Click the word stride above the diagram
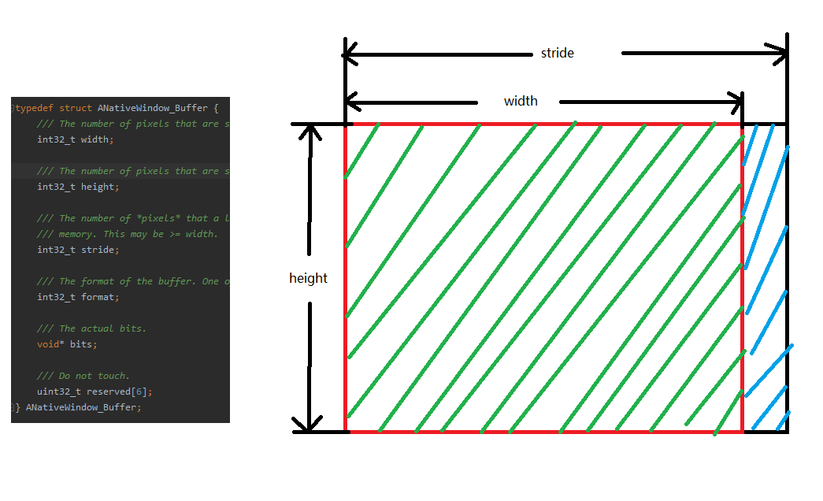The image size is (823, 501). point(558,54)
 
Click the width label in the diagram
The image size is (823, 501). point(521,101)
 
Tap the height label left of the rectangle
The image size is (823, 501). point(308,278)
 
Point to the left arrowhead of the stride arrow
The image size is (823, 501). point(349,54)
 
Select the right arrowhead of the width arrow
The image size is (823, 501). point(738,102)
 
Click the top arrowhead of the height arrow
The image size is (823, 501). point(312,130)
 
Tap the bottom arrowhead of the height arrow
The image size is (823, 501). point(310,424)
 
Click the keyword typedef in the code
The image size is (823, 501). point(34,108)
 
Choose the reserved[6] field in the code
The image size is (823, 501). point(117,392)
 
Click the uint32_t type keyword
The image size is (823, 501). point(59,392)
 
